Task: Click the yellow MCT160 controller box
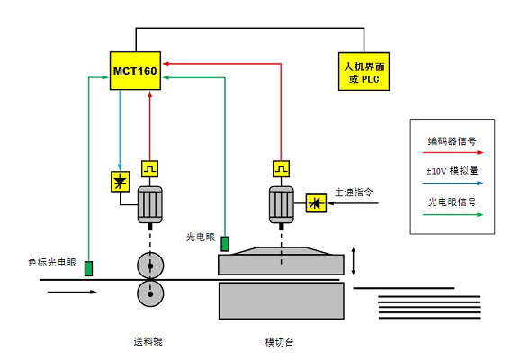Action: pos(135,70)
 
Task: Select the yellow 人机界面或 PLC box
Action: pos(364,71)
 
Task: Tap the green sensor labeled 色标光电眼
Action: pos(88,268)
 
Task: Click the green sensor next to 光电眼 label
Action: pos(225,243)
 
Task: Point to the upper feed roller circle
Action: pos(150,265)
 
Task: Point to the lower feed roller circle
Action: pos(150,293)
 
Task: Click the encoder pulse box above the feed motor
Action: pos(149,169)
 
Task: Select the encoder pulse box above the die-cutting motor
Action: pos(282,169)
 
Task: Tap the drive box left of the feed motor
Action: pos(121,182)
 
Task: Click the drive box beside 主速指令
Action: pos(316,203)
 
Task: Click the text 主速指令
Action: pos(354,193)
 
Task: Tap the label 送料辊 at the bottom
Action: pos(148,342)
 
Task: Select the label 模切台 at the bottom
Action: pos(279,342)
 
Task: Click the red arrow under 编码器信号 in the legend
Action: pos(453,152)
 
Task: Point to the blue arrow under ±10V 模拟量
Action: pos(453,184)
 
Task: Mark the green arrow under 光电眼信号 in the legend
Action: pos(453,215)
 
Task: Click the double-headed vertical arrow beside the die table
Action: pos(354,261)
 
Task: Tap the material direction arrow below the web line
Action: pos(72,292)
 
